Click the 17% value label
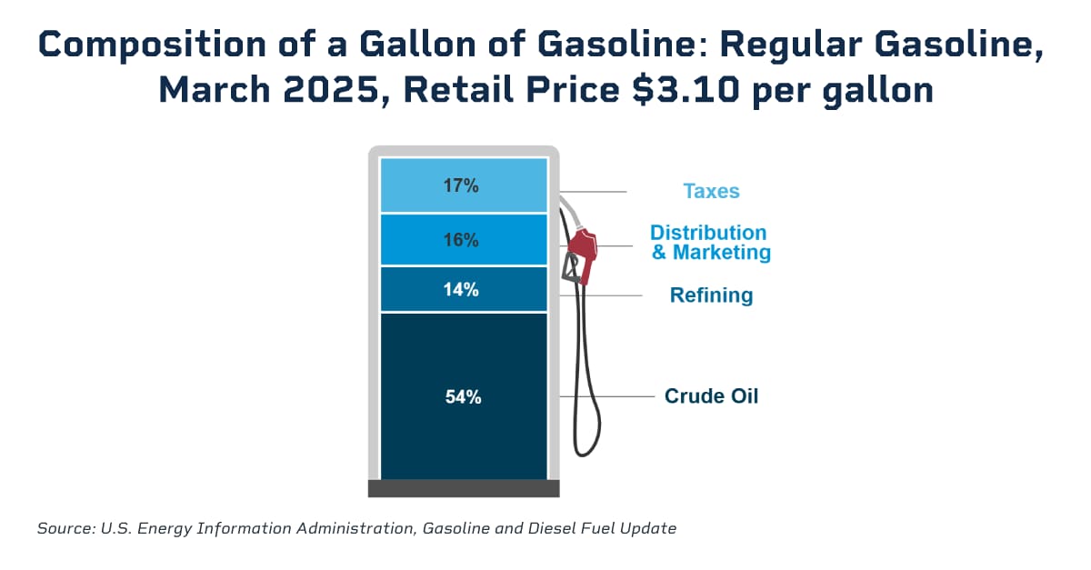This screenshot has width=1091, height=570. [x=462, y=185]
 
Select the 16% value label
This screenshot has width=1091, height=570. [x=462, y=240]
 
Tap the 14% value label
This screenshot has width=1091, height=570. [x=462, y=290]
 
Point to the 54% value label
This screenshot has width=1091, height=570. [x=462, y=396]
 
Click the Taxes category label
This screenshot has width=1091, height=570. [x=711, y=192]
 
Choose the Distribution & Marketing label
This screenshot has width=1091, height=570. [x=709, y=243]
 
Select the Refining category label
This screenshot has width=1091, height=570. [x=711, y=295]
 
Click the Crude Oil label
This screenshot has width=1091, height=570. [x=711, y=396]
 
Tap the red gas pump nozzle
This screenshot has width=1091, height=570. [x=583, y=249]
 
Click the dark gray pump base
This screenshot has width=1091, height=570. [x=463, y=488]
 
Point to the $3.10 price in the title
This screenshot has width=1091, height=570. [x=630, y=90]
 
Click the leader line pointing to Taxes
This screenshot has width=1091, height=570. [x=600, y=192]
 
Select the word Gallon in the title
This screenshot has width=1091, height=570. [x=402, y=45]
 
